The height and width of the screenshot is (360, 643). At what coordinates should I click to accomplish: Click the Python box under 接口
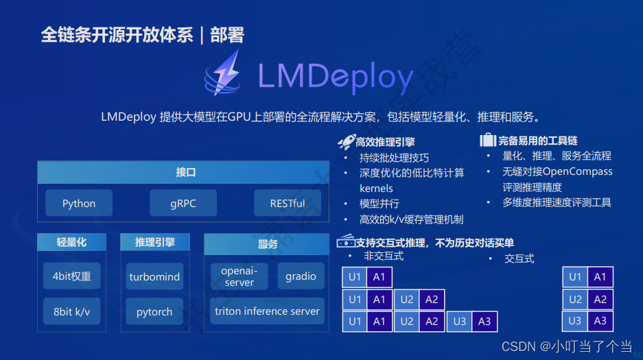[79, 204]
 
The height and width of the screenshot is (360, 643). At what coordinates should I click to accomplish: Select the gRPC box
[183, 204]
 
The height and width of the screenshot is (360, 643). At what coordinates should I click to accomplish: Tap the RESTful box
[288, 204]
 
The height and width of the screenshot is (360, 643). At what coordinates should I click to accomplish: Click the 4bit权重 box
[71, 276]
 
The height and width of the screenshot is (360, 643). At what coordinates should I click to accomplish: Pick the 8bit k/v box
[71, 311]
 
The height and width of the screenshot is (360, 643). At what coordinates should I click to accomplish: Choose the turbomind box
[154, 277]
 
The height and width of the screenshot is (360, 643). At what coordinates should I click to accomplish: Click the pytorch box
[154, 312]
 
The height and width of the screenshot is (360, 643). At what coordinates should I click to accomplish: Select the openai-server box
[239, 276]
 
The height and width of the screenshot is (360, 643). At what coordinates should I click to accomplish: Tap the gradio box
[301, 276]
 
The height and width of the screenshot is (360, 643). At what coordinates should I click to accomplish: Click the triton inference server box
[267, 311]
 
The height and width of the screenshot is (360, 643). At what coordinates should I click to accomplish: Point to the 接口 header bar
[185, 173]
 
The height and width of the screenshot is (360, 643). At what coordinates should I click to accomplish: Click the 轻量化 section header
[71, 242]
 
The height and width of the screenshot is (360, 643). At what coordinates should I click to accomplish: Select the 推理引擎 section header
[154, 242]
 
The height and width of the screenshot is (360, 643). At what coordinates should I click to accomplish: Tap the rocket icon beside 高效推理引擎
[345, 142]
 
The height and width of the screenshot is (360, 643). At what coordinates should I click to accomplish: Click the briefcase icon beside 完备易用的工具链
[487, 141]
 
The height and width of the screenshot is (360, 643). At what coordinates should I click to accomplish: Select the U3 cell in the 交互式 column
[575, 321]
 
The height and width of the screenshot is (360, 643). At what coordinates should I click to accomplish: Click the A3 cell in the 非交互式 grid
[484, 322]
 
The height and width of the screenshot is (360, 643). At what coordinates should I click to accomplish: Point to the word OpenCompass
[577, 171]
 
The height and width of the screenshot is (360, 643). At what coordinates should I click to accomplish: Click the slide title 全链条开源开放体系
[117, 35]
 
